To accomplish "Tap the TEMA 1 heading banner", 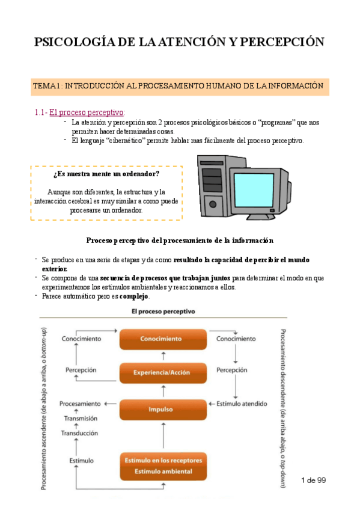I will click(180, 86).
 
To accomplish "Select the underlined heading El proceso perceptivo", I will click(87, 112).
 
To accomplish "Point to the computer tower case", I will click(212, 186).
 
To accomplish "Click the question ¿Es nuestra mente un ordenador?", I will click(106, 174).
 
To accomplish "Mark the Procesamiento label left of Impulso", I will click(79, 404).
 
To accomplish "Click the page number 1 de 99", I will click(312, 480).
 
